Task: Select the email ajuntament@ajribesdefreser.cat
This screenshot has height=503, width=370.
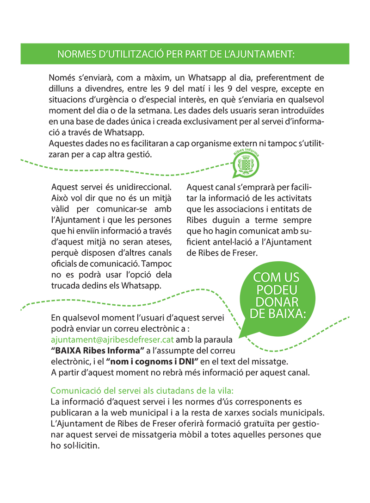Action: [x=112, y=339]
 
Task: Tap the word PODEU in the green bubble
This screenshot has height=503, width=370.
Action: [x=277, y=290]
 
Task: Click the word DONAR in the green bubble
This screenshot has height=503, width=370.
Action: [x=277, y=302]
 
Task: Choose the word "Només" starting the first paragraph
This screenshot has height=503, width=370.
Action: [x=61, y=76]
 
